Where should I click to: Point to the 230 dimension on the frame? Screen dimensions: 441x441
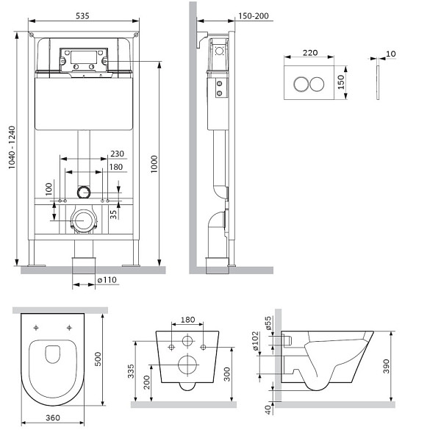point(116,154)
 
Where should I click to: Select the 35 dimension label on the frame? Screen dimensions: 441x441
point(113,215)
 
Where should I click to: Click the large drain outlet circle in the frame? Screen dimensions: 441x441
point(85,220)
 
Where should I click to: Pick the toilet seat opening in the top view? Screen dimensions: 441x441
point(53,355)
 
